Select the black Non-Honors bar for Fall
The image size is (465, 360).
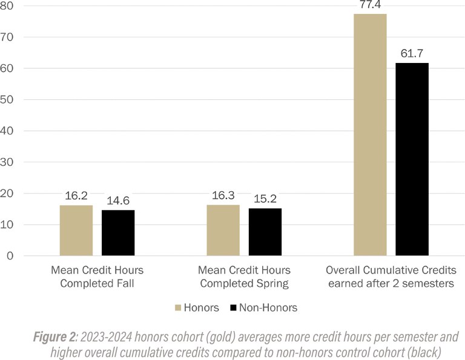point(118,233)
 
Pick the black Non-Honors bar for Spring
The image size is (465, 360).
point(265,232)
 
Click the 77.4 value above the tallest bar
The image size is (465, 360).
point(370,5)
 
